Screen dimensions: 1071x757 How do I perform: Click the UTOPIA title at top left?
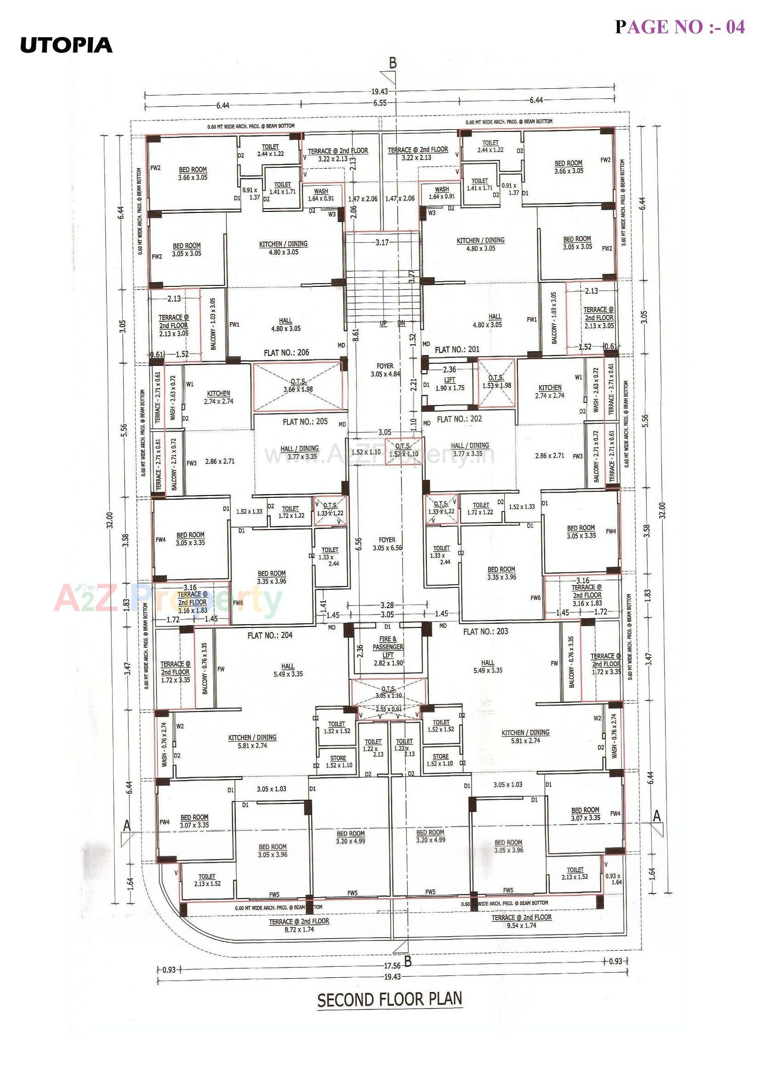point(66,45)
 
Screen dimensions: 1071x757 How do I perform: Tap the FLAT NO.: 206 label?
point(286,353)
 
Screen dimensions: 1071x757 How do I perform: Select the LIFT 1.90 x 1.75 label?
point(450,384)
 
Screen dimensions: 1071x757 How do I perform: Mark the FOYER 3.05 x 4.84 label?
point(385,370)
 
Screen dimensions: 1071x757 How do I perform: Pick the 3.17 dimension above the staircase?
point(381,242)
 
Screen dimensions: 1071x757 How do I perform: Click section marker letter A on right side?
point(657,816)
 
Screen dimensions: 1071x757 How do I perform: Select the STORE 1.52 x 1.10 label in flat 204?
point(339,761)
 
